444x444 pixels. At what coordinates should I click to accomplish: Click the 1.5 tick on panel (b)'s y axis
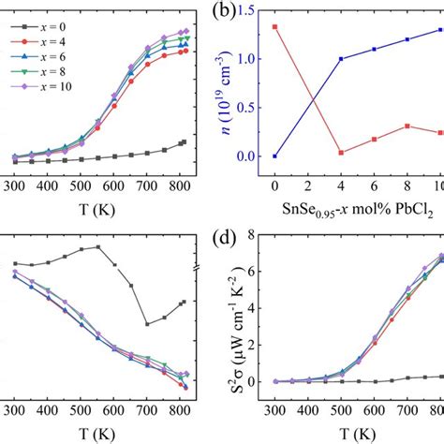[250, 10]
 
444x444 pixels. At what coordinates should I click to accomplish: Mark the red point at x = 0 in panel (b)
[274, 26]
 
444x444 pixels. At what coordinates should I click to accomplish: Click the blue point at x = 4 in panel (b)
[340, 59]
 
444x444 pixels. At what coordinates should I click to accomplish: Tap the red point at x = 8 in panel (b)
[407, 126]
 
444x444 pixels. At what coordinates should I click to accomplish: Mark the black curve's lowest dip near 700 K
[146, 324]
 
